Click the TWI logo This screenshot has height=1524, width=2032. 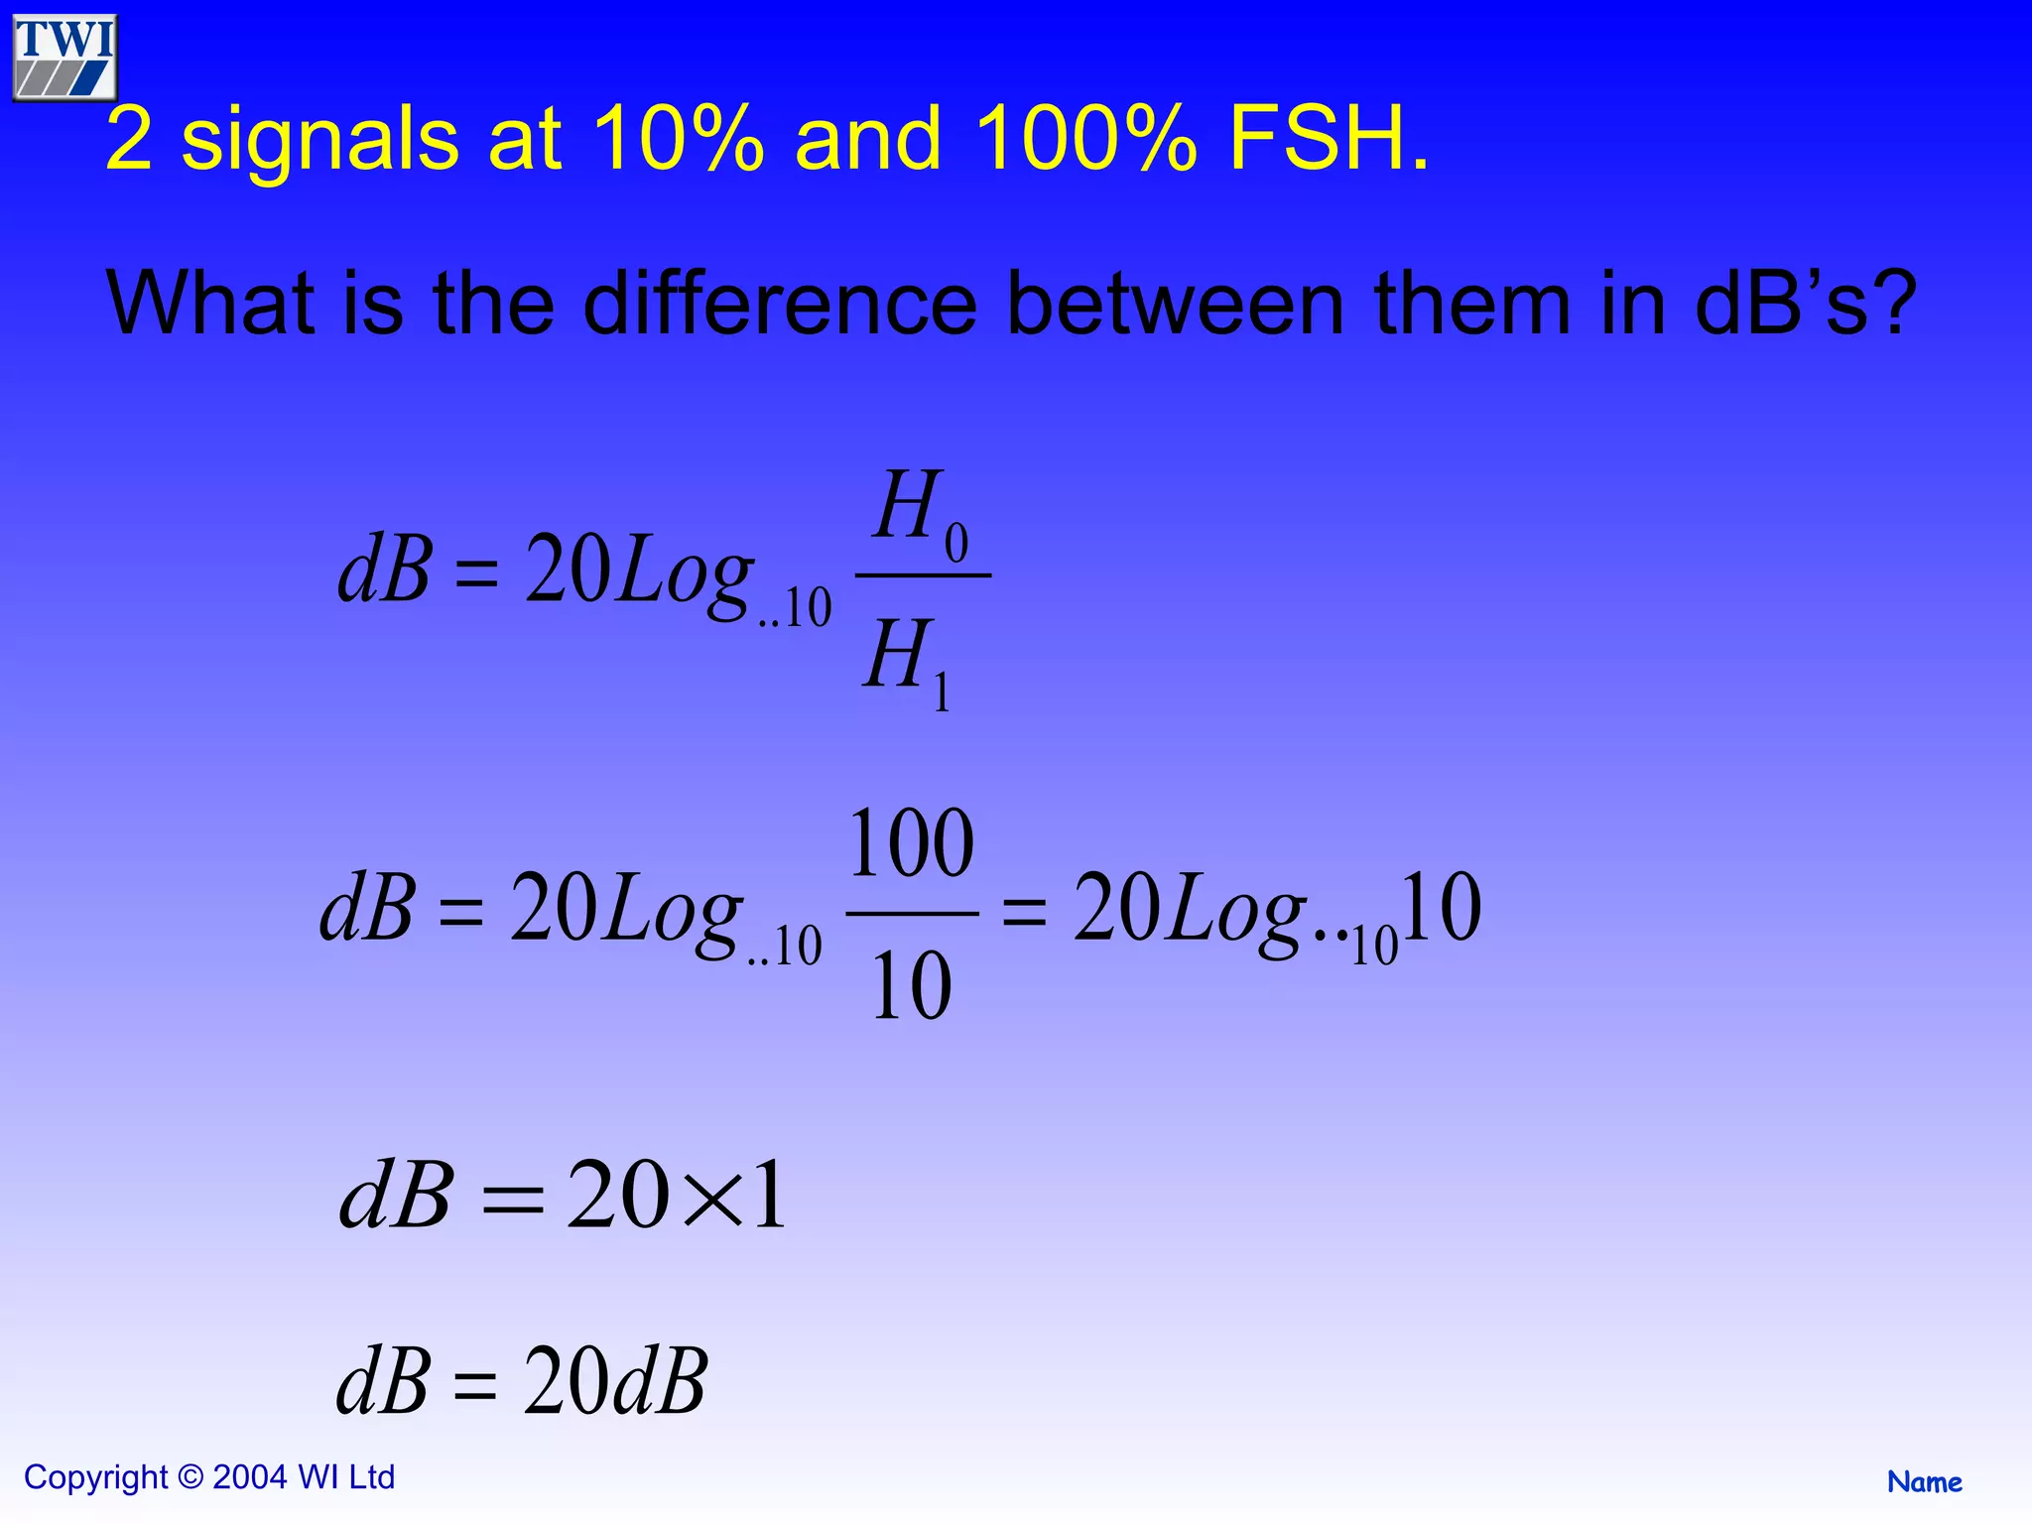coord(65,58)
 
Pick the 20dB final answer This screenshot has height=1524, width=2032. coord(615,1381)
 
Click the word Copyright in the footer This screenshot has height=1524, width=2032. coord(95,1477)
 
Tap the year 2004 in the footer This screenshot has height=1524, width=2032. coord(250,1477)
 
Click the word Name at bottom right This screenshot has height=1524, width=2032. coord(1924,1482)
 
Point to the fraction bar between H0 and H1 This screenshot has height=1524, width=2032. coord(923,575)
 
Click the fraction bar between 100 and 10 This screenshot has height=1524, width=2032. coord(911,914)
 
